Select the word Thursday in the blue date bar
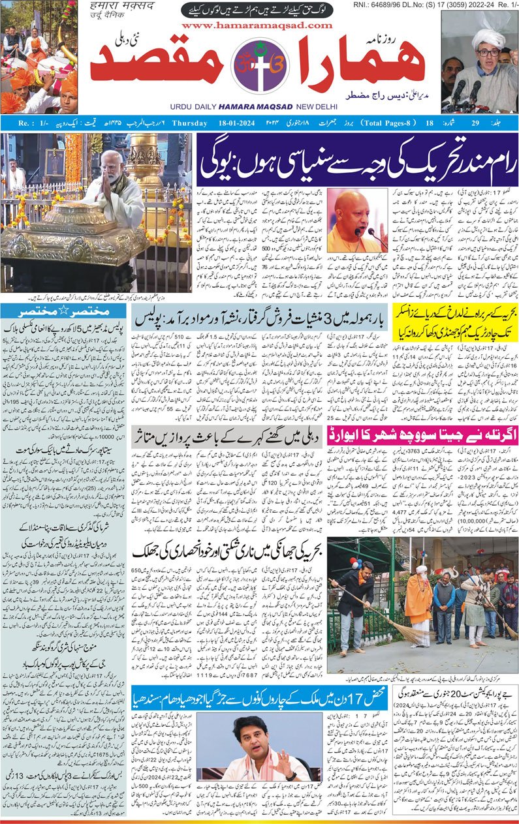pyautogui.click(x=190, y=123)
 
